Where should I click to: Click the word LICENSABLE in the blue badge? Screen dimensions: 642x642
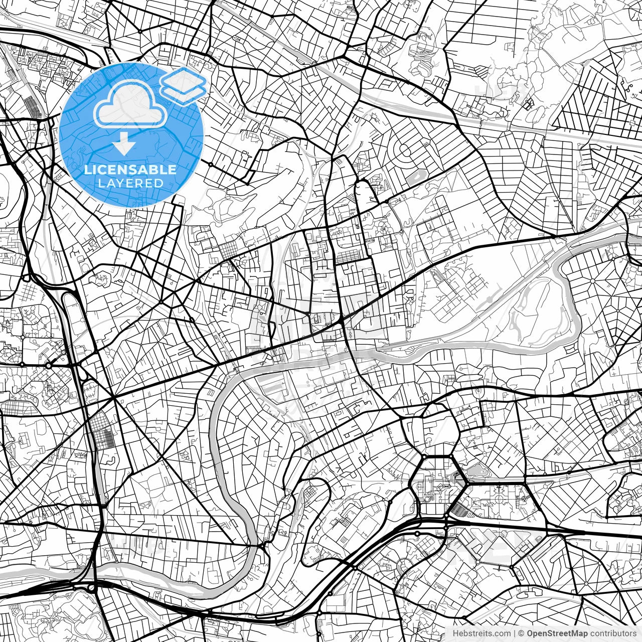(x=130, y=170)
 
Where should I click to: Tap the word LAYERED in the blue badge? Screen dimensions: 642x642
(x=130, y=184)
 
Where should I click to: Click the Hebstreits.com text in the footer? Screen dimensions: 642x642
(x=481, y=633)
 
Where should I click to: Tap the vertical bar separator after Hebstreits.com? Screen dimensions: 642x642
(x=515, y=633)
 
